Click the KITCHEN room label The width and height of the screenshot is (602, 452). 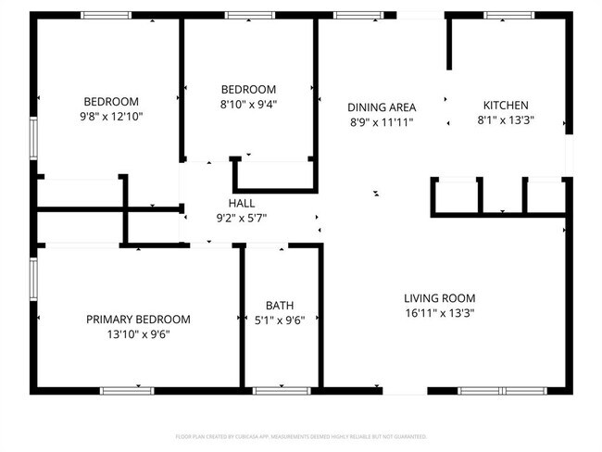click(x=506, y=106)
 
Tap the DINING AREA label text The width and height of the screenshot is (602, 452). click(x=382, y=107)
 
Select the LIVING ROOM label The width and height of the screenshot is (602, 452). click(x=439, y=298)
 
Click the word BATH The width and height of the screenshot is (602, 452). click(x=280, y=305)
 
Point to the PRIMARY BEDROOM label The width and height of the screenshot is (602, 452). click(x=138, y=319)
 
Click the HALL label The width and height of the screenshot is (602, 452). click(x=241, y=203)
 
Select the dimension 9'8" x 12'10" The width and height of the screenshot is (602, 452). click(x=111, y=117)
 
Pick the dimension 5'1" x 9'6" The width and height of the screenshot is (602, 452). click(x=280, y=320)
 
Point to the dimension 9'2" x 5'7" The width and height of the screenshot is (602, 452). click(x=241, y=218)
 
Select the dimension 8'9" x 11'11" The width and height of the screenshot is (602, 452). click(x=382, y=121)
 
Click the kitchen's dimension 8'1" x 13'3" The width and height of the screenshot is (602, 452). click(x=506, y=120)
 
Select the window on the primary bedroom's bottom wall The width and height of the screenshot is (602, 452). click(x=127, y=391)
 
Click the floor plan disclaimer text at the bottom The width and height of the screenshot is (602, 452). click(x=301, y=435)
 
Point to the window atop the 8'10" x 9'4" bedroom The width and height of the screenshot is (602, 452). click(x=249, y=15)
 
